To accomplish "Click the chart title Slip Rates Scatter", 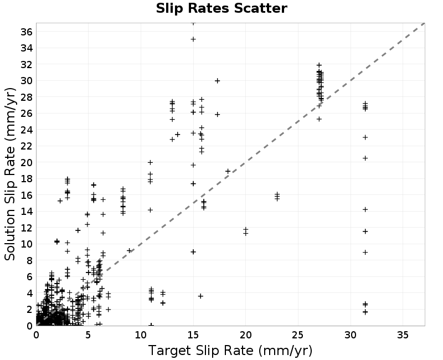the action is pos(221,8).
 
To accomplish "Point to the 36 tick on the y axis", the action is pos(27,32).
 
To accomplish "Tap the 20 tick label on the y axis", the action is pos(27,162).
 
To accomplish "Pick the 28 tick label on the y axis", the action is pos(27,97).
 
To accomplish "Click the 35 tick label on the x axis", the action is pos(403,335).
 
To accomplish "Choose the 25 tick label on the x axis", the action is pos(298,335).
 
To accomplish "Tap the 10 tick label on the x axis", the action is pos(141,335).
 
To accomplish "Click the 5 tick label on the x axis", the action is pos(88,335).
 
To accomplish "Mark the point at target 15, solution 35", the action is pos(193,39).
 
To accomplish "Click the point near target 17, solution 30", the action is pos(217,81).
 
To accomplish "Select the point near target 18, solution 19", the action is pos(228,171).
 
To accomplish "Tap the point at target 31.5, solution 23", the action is pos(365,137).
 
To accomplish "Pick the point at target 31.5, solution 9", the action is pos(365,253).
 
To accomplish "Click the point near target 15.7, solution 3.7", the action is pos(200,296).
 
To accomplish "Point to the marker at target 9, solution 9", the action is pos(130,251).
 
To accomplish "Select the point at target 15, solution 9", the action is pos(193,252).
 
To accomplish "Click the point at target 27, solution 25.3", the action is pos(320,119).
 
